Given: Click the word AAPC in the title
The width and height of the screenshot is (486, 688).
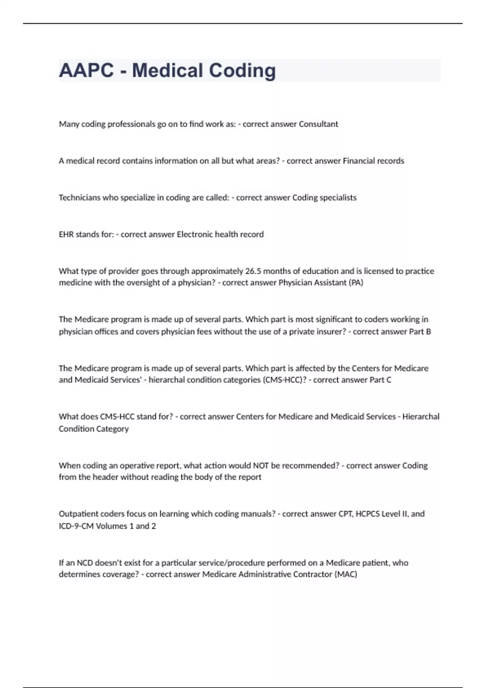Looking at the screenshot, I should [x=86, y=70].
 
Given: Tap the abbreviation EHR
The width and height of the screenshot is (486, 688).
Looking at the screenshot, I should [x=66, y=234].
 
